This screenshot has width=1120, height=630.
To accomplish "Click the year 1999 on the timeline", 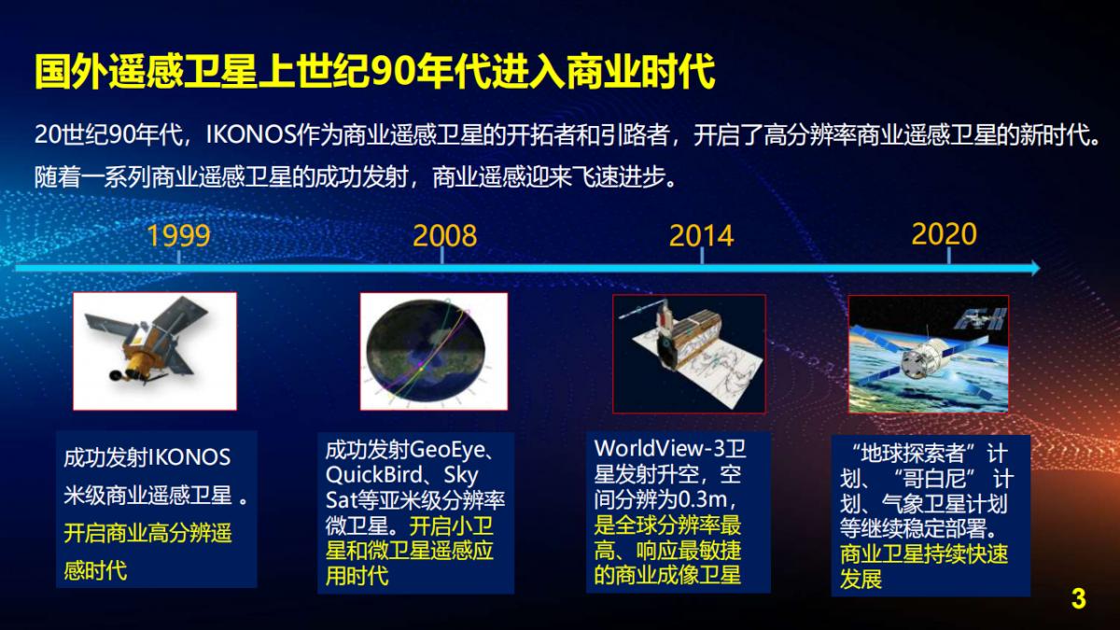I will [178, 234].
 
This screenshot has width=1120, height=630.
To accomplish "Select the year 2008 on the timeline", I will [445, 234].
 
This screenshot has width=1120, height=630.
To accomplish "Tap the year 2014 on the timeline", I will [701, 234].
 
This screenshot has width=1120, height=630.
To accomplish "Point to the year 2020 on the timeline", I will [944, 233].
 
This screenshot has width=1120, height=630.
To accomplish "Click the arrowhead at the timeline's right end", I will [1032, 269].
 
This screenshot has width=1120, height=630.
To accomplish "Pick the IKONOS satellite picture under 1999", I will [155, 351].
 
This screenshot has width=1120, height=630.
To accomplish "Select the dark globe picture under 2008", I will [434, 351].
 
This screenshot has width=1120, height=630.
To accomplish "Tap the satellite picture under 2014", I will [689, 354].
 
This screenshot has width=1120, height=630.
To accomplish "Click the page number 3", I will [1079, 599].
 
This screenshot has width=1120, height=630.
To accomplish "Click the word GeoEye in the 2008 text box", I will [448, 450].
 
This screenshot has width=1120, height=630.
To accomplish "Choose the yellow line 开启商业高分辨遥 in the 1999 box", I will [147, 534].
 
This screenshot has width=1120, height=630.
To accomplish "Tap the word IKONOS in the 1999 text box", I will [189, 458].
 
